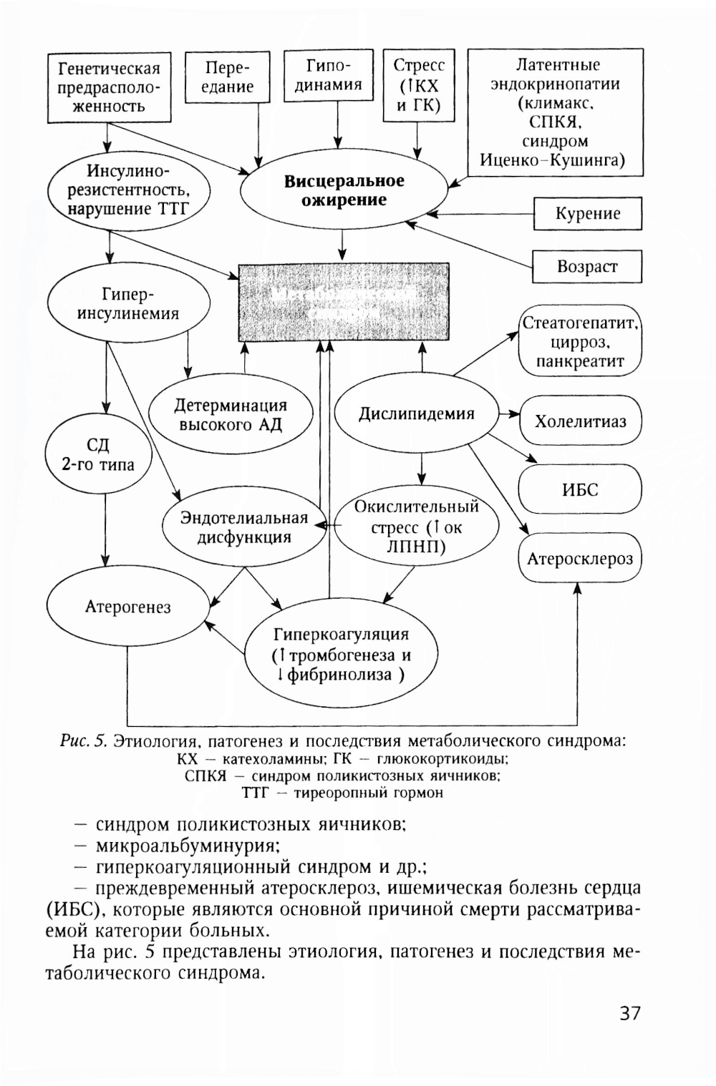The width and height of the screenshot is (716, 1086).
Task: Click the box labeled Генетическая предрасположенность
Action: [x=110, y=87]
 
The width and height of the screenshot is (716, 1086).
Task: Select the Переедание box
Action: [x=228, y=78]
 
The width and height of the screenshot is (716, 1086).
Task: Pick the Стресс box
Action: [x=418, y=85]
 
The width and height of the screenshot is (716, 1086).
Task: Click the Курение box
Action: [x=587, y=213]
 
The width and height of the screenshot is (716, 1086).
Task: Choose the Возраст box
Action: [x=586, y=267]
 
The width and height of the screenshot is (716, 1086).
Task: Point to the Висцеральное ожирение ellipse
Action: [x=344, y=191]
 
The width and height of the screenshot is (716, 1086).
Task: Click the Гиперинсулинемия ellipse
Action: [x=129, y=304]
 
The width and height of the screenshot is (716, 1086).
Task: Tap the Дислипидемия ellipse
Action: [x=416, y=414]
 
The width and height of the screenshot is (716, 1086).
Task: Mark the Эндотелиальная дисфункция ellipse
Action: [x=244, y=528]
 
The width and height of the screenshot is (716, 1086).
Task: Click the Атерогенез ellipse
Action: [x=127, y=607]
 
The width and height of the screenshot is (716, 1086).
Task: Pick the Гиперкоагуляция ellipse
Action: [x=341, y=655]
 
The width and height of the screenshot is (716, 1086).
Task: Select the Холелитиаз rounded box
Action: [x=580, y=421]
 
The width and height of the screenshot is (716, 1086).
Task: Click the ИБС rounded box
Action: [x=580, y=490]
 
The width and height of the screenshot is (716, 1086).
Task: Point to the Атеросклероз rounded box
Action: [x=580, y=559]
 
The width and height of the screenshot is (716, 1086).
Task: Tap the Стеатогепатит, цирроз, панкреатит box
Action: [x=580, y=342]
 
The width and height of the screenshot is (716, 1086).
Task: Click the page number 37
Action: [x=630, y=1013]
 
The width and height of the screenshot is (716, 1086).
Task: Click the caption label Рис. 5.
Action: [x=83, y=740]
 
